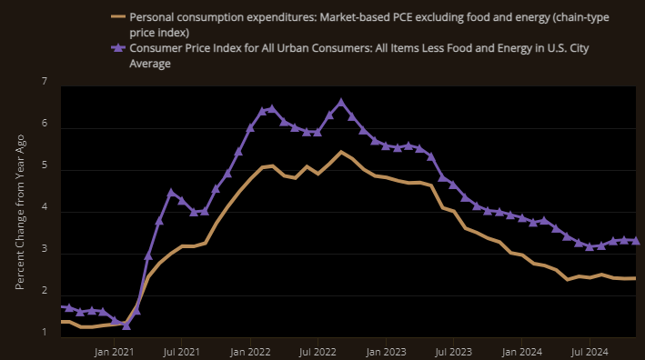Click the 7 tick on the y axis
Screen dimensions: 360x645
44,82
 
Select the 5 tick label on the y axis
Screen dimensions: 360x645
44,170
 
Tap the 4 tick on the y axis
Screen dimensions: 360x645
44,212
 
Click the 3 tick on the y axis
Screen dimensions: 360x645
44,254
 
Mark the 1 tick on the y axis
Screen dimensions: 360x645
44,333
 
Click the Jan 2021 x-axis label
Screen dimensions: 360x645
115,349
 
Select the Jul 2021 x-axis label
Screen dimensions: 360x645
182,349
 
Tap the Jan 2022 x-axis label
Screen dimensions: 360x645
250,349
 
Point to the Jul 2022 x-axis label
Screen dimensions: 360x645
317,349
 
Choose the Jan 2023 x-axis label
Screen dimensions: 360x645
386,349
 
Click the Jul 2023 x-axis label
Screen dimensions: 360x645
453,349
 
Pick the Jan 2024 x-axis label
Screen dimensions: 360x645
521,349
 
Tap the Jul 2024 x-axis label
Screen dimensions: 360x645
589,349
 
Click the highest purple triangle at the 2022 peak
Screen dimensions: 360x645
341,103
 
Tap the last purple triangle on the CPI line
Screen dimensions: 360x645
635,241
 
